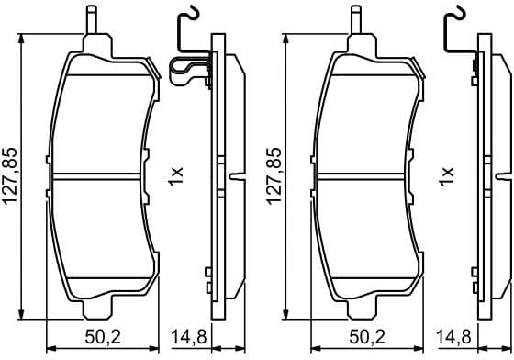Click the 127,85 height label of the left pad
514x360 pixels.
[10, 174]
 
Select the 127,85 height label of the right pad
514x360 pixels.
[271, 174]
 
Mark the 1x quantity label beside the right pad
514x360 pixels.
[448, 174]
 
